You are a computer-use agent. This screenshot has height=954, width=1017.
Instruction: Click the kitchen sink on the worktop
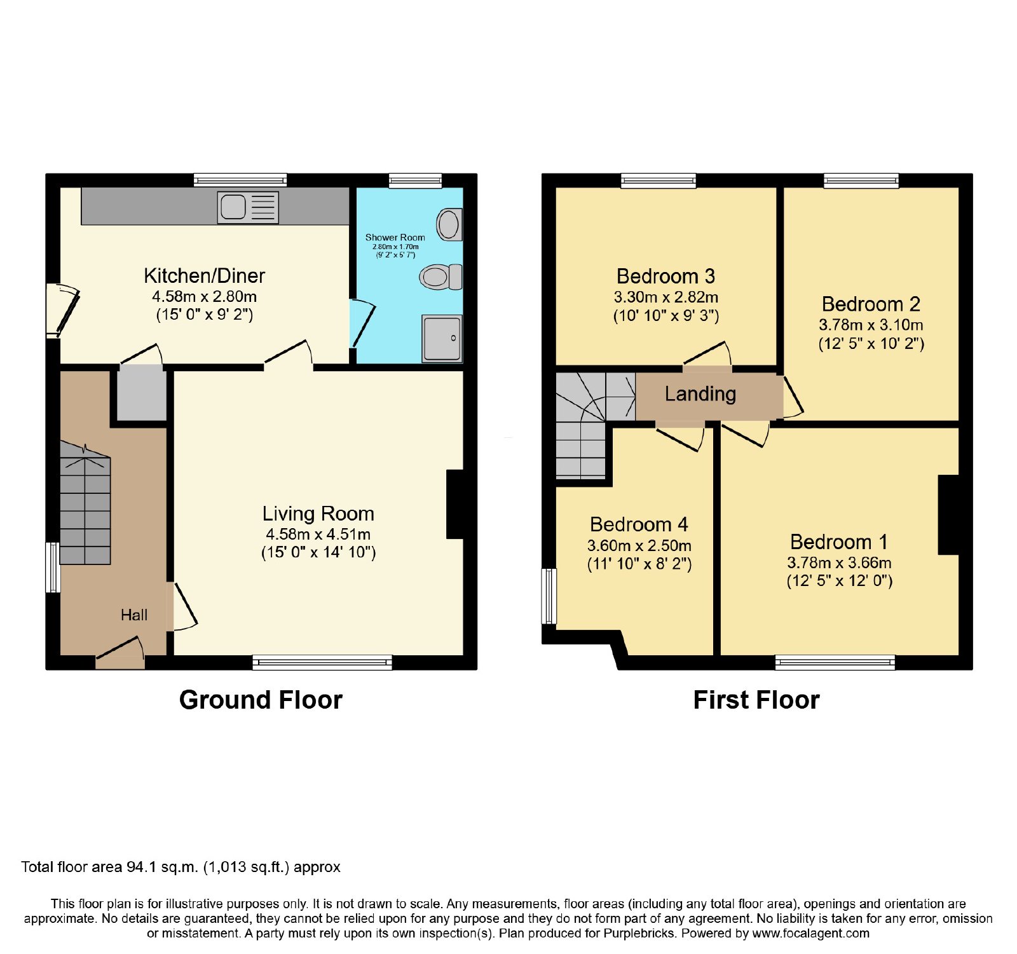tap(248, 207)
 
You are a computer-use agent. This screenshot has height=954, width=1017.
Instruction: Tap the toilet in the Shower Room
tap(440, 277)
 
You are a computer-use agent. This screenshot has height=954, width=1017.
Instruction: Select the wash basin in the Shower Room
tap(449, 224)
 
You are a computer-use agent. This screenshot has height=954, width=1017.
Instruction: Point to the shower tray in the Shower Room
tap(442, 338)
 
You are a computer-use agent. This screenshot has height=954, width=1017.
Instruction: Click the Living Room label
tap(318, 514)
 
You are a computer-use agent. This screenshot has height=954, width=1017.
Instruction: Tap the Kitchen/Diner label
tap(204, 276)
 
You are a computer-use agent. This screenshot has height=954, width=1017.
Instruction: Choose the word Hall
tap(134, 615)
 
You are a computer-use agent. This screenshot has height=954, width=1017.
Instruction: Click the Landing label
tap(700, 394)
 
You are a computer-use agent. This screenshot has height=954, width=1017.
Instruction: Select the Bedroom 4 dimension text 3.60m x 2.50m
tap(639, 545)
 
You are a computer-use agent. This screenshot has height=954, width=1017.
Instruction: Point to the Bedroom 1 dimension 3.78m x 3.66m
tap(839, 562)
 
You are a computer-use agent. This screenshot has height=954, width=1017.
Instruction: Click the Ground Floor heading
tap(261, 700)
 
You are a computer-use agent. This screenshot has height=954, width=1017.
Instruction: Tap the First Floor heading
tap(756, 700)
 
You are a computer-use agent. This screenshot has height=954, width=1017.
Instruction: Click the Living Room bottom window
tap(322, 663)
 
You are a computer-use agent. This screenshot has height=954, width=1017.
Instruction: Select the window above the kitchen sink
tap(240, 181)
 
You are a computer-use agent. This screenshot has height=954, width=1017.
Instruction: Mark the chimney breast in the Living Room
tap(455, 504)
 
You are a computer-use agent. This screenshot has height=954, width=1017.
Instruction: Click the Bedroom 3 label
tap(665, 276)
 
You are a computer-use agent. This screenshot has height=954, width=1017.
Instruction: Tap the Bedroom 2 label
tap(871, 304)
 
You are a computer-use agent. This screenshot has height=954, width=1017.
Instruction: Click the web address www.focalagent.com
tap(811, 933)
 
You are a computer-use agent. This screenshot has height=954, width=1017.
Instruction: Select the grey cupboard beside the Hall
tap(142, 395)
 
